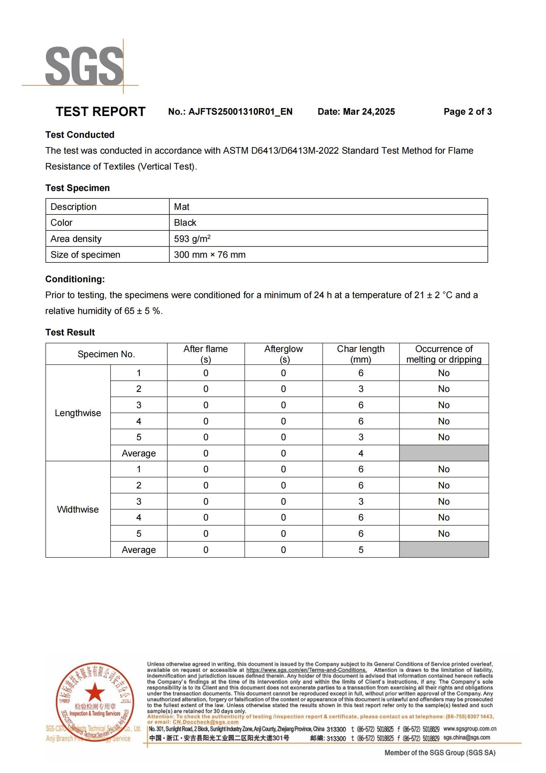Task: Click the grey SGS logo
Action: coord(84,66)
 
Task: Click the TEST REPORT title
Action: coord(101,111)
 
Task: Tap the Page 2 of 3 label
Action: coord(467,111)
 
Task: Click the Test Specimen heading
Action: coord(77,188)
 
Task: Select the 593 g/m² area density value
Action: coord(192,239)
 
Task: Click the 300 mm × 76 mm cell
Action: coord(210,254)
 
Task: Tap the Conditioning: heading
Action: coord(75,279)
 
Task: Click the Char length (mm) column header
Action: coord(360,354)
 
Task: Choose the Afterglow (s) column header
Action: coord(284,354)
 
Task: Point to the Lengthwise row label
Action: coord(78,413)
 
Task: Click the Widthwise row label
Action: coord(78,509)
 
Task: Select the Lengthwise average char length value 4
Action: coord(361,453)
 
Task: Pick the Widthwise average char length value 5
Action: coord(361,550)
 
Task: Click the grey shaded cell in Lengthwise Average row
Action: coord(444,453)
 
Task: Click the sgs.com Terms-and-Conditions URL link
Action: coord(306,670)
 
